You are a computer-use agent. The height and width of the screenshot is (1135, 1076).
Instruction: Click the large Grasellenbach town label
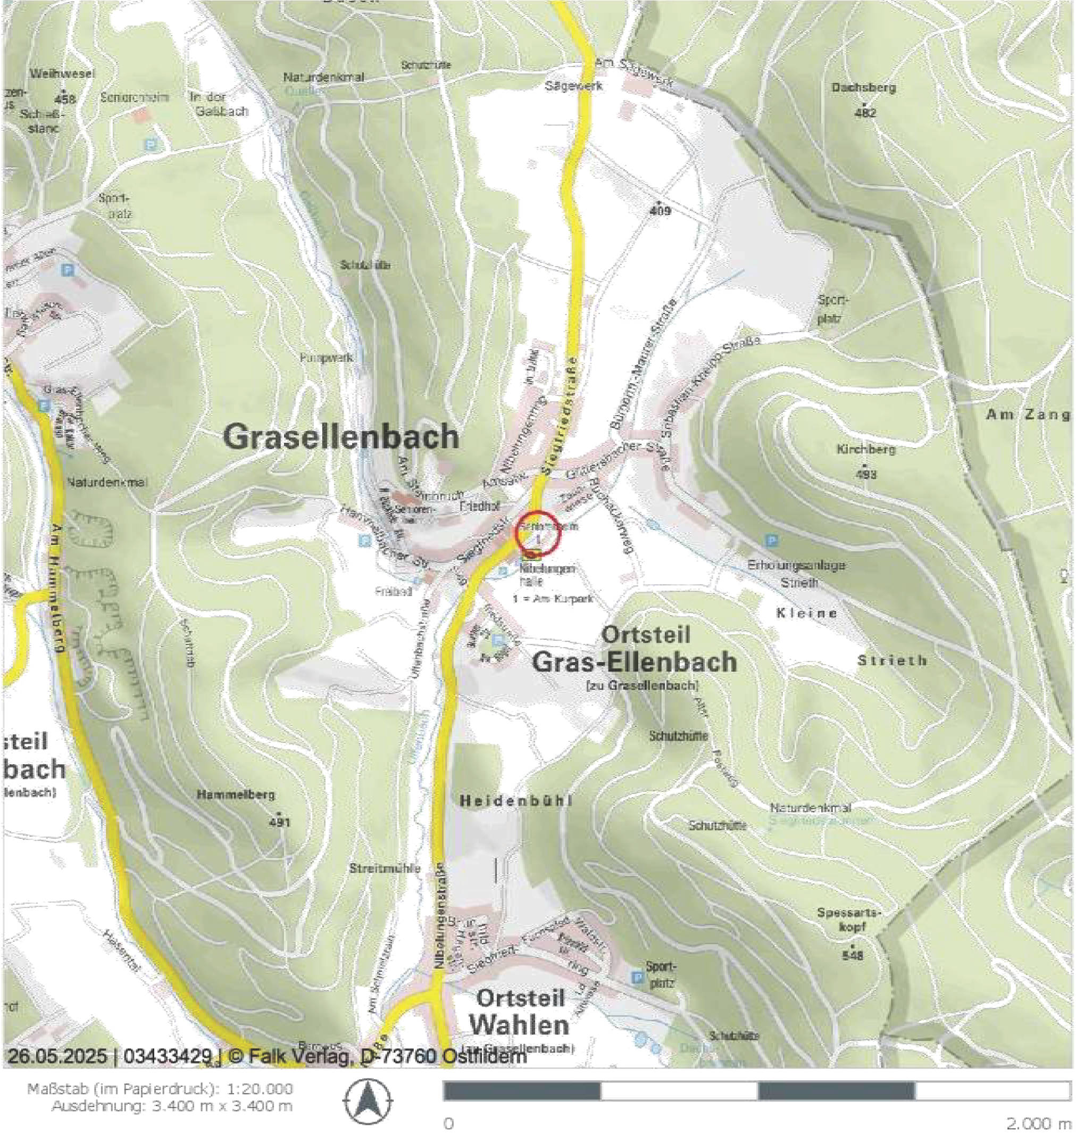click(341, 437)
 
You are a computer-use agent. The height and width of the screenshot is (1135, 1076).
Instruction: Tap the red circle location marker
click(537, 533)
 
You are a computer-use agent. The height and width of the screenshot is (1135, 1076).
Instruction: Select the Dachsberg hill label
click(863, 88)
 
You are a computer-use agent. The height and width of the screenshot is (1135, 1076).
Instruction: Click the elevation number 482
click(865, 113)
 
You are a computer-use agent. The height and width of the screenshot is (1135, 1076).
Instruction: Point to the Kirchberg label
click(865, 449)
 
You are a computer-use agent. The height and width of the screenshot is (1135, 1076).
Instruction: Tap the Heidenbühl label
click(517, 801)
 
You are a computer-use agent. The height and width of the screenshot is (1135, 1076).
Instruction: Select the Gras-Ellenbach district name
click(635, 661)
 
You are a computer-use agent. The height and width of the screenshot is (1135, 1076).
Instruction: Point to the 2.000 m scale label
click(1038, 1123)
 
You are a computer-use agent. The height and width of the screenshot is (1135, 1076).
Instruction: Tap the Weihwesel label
click(55, 74)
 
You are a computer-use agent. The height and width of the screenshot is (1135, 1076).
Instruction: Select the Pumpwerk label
click(327, 358)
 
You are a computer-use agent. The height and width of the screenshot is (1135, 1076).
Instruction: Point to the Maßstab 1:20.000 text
click(160, 1089)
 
